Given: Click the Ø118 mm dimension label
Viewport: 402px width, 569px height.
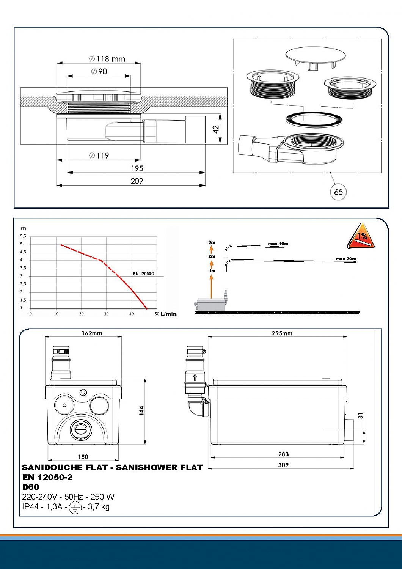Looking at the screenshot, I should click(x=107, y=59).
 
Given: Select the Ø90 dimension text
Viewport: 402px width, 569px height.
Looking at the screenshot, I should click(x=99, y=71).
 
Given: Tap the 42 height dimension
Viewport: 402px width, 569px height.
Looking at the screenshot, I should click(x=216, y=129).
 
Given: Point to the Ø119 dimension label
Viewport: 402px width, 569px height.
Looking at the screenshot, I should click(x=99, y=156).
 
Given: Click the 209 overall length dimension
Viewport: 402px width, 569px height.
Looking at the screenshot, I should click(x=137, y=181).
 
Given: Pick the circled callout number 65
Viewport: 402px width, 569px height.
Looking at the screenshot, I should click(x=338, y=192).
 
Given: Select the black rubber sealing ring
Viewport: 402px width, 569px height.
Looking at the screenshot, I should click(x=314, y=119).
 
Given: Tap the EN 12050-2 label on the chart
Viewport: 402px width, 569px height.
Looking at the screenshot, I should click(x=144, y=273).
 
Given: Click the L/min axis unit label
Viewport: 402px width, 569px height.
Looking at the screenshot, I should click(x=169, y=314).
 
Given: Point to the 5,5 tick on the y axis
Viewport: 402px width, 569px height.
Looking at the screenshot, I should click(x=23, y=236).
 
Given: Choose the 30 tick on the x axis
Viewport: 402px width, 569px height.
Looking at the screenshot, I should click(x=106, y=314).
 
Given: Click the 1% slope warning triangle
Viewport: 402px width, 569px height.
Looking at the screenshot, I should click(x=361, y=236).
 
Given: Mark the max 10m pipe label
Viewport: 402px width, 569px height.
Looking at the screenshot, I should click(x=278, y=244).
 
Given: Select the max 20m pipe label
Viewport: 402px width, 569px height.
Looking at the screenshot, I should click(x=346, y=259).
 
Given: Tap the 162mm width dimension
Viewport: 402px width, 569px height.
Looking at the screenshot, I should click(x=92, y=333).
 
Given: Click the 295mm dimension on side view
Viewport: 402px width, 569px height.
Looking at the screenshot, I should click(x=282, y=333).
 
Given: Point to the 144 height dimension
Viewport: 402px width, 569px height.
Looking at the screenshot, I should click(x=141, y=410).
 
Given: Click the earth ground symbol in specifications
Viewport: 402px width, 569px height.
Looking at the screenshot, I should click(x=75, y=508).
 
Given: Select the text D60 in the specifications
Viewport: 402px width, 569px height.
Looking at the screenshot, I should click(x=31, y=487).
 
